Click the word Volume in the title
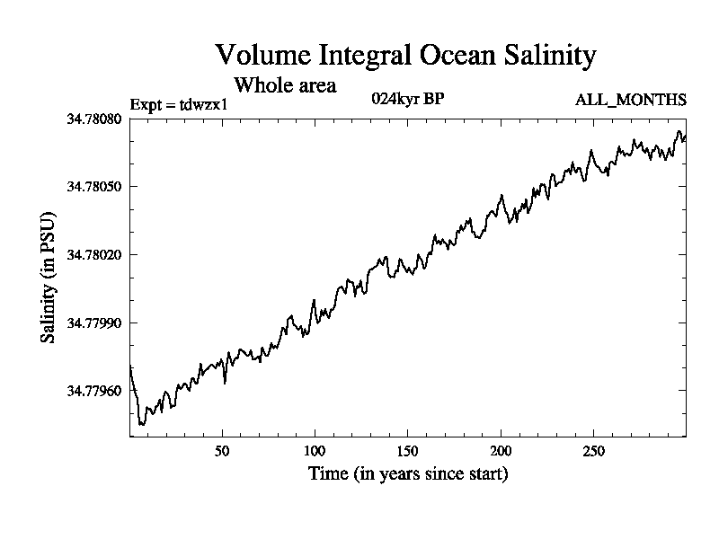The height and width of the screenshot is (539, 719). tap(256, 56)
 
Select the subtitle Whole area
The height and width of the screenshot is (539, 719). tap(285, 85)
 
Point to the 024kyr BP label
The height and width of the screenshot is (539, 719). tap(407, 99)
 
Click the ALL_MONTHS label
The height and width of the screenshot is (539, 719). tap(631, 99)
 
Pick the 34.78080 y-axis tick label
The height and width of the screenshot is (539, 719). tap(96, 119)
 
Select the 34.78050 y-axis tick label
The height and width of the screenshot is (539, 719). tap(96, 186)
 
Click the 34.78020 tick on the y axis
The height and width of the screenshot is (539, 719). tap(96, 254)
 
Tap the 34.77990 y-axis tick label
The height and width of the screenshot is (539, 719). tap(96, 323)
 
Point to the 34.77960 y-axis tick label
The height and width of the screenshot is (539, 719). tap(96, 391)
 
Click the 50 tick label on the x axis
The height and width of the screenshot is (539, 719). tap(222, 449)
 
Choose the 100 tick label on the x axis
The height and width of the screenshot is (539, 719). tap(315, 449)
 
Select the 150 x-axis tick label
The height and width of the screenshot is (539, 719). tap(407, 449)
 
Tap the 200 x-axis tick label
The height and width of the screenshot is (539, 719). tap(501, 449)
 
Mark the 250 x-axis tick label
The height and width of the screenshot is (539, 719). tap(593, 449)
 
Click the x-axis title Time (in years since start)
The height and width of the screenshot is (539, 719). tap(408, 473)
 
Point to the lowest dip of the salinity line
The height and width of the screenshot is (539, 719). tap(142, 424)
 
